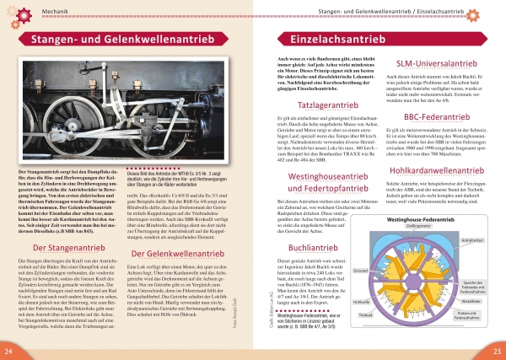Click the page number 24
[8, 350]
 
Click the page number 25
[497, 350]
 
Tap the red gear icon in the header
[8, 9]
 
